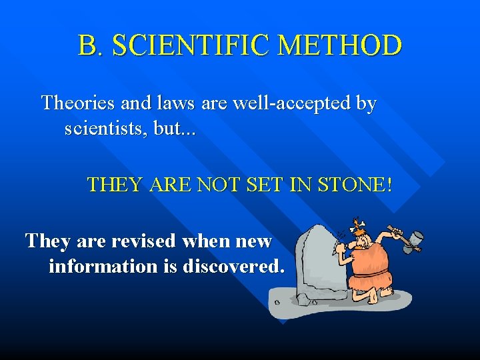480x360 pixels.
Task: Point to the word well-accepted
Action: pyautogui.click(x=298, y=103)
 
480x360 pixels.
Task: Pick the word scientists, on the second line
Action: pyautogui.click(x=105, y=128)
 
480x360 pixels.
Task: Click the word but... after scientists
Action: pyautogui.click(x=175, y=128)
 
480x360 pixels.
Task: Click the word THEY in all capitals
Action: pyautogui.click(x=115, y=184)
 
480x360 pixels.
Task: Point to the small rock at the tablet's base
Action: pyautogui.click(x=303, y=299)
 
